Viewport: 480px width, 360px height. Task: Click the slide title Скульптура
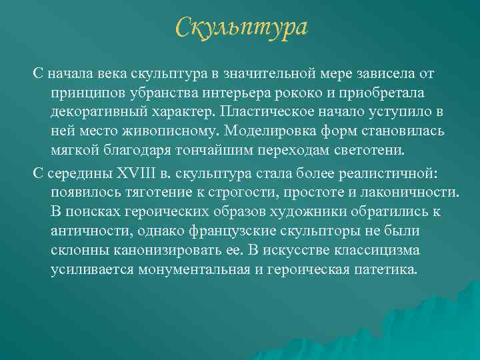click(x=242, y=28)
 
